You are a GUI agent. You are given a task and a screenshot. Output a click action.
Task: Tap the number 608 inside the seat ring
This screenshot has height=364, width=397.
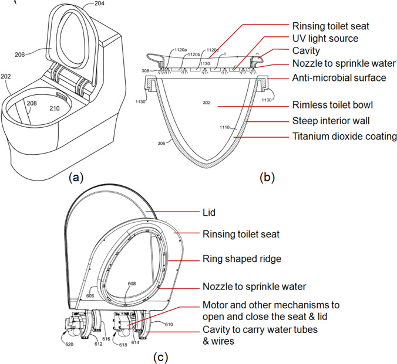click(x=132, y=284)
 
